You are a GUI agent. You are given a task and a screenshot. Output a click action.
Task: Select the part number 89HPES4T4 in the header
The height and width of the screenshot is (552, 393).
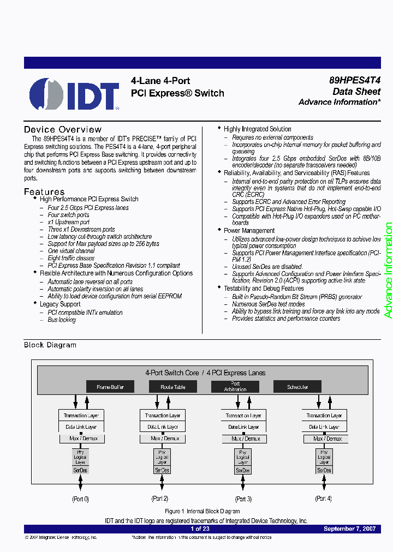click(x=355, y=80)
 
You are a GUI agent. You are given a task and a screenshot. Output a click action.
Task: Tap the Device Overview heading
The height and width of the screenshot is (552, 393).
click(x=63, y=130)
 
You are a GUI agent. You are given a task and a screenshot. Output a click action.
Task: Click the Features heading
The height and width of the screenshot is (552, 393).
click(x=44, y=192)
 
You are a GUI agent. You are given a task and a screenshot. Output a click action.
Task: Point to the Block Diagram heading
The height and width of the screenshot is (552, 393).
click(x=50, y=345)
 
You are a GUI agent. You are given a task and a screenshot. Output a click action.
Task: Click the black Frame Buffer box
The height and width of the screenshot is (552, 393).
click(x=110, y=387)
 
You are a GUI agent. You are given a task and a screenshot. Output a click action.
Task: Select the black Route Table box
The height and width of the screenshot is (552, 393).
click(x=173, y=387)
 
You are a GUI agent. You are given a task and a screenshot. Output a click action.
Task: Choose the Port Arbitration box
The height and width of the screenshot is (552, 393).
click(x=235, y=387)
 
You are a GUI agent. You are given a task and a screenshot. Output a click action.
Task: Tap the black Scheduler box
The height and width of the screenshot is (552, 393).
click(x=297, y=387)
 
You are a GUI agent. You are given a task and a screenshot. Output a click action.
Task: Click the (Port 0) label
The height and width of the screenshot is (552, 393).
click(x=80, y=499)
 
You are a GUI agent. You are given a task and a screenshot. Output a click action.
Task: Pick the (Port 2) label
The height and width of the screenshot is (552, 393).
click(x=160, y=499)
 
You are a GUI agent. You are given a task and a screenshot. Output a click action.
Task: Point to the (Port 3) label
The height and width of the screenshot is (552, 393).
click(x=243, y=499)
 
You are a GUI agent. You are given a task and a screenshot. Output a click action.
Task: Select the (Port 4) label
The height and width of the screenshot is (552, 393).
click(x=323, y=499)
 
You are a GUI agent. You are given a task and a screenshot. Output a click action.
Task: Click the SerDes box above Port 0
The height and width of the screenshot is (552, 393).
click(x=80, y=470)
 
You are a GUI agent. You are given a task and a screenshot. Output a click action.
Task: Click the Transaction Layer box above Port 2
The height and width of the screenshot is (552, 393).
click(x=162, y=416)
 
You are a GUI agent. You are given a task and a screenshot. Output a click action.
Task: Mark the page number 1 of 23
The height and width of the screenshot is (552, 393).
click(x=200, y=529)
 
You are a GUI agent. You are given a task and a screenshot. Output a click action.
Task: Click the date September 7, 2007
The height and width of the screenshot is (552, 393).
click(x=349, y=529)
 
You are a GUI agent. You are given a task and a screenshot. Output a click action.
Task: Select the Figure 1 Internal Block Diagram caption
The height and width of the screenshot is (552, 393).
click(x=203, y=511)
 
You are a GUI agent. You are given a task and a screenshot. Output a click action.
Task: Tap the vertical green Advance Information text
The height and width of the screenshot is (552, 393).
click(x=388, y=271)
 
